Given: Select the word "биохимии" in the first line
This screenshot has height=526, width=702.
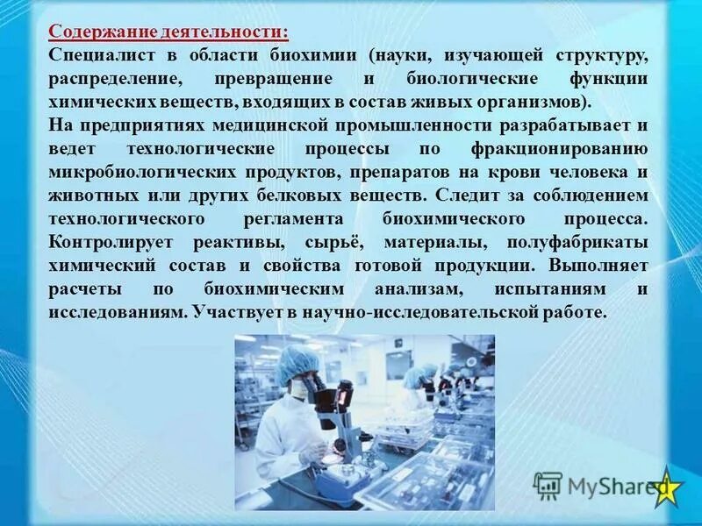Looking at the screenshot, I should click(x=315, y=55).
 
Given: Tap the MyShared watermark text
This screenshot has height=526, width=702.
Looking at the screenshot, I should click(x=605, y=485).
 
